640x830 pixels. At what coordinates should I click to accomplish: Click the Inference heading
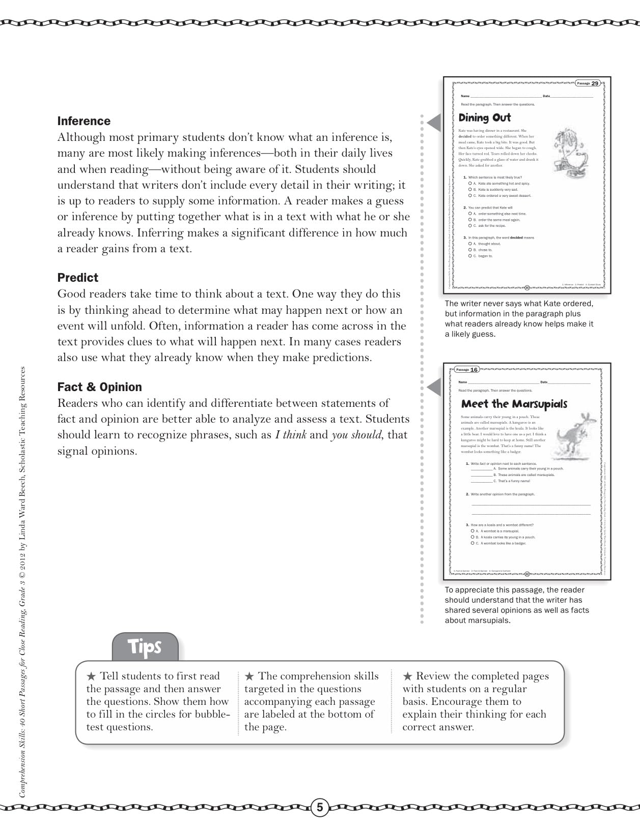coord(84,121)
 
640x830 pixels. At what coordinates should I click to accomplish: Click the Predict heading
coord(77,278)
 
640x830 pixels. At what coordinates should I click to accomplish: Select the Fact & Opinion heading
coord(99,387)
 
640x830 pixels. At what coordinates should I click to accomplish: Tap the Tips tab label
coord(145,646)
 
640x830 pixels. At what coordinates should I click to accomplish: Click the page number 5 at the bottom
coord(320,807)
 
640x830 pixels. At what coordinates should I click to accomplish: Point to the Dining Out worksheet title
coord(484,118)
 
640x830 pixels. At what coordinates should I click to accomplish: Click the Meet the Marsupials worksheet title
coord(514,404)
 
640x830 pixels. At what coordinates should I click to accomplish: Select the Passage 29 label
coord(588,83)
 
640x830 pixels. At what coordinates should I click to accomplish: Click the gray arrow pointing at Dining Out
coord(434,123)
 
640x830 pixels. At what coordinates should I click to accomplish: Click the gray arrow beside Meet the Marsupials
coord(434,388)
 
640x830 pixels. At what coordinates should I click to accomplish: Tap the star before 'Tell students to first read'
coord(91,676)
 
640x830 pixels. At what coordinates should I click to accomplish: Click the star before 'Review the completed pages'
coord(407,676)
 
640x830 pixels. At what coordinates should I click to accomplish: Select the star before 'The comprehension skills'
coord(249,676)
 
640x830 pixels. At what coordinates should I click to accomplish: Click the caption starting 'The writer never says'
coord(519,319)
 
